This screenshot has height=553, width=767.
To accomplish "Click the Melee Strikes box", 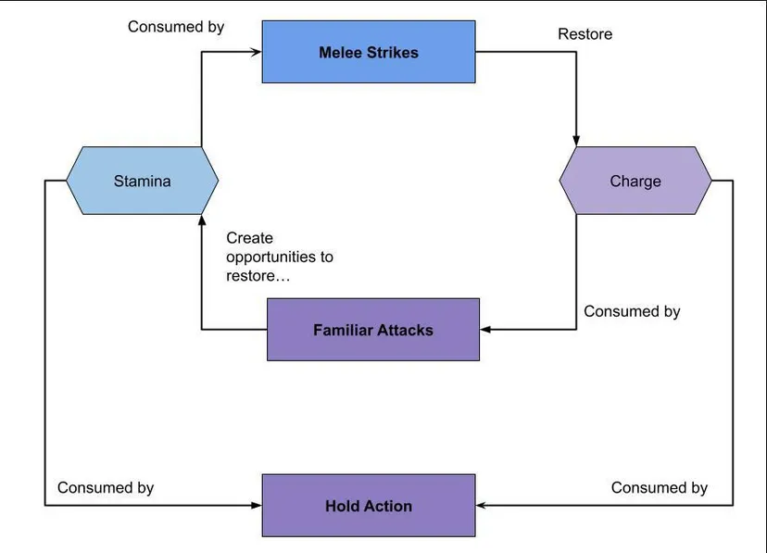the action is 369,52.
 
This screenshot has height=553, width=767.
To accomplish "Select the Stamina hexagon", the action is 143,181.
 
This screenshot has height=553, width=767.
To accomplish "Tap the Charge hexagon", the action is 635,181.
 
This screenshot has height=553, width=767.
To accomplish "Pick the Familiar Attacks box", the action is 373,330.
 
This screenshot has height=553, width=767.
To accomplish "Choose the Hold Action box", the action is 369,505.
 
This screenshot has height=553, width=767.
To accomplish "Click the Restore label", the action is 585,34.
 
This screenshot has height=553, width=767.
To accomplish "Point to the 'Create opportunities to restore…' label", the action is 280,257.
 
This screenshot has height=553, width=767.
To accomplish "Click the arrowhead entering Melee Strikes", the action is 256,52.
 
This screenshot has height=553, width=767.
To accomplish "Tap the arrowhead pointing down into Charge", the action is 576,141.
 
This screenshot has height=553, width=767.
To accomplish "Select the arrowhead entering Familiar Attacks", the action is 485,330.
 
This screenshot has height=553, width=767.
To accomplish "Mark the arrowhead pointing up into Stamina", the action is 202,220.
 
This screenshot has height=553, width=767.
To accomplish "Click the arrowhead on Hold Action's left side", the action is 256,505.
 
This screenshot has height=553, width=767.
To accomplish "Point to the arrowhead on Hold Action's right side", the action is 482,505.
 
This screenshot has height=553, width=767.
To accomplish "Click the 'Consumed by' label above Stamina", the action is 176,27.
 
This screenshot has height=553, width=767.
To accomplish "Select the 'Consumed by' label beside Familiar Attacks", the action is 632,311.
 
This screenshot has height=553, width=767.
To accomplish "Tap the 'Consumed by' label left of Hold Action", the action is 106,487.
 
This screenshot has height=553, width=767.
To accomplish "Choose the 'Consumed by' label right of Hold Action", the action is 660,487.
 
